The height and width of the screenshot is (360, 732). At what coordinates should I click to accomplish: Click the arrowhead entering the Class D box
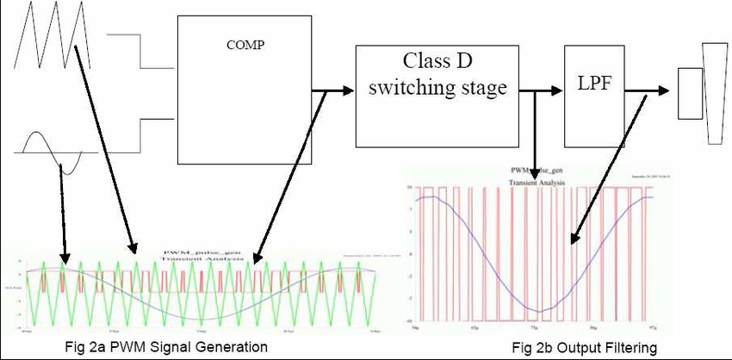348,89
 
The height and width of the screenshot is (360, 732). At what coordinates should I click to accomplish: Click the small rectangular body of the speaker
689,94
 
